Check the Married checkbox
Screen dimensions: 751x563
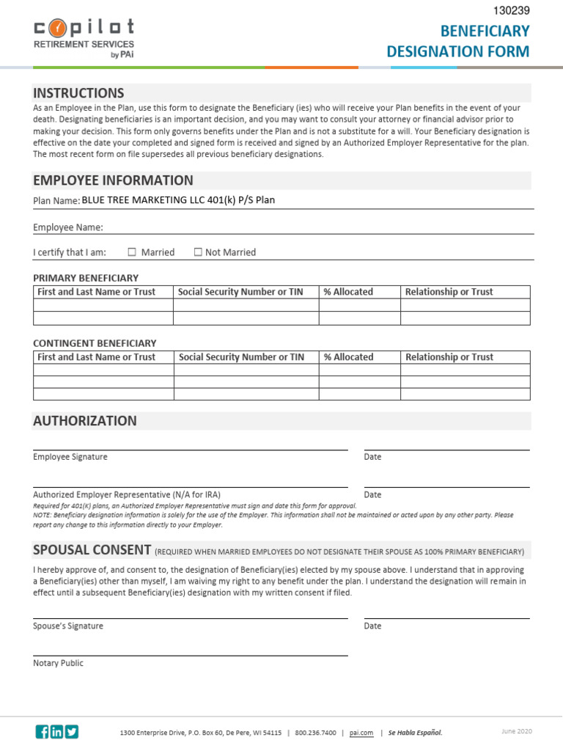point(133,252)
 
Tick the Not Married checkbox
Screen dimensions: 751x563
point(198,252)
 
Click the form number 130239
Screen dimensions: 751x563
point(511,10)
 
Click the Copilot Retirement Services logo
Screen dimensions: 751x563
point(84,38)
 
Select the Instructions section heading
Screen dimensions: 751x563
point(78,93)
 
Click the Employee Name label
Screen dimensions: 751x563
point(68,227)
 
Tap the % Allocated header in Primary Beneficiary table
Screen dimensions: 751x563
point(348,292)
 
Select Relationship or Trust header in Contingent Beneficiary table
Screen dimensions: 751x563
point(449,357)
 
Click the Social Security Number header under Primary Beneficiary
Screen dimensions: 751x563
point(240,292)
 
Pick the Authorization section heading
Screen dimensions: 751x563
point(85,421)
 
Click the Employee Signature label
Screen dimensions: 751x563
point(70,457)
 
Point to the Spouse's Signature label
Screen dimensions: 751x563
point(68,626)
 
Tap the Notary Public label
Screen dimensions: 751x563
point(59,663)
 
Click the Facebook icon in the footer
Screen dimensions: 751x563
point(43,731)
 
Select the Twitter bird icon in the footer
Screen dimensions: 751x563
point(71,731)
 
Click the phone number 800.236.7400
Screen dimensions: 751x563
point(316,733)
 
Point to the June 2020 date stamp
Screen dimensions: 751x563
point(517,731)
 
